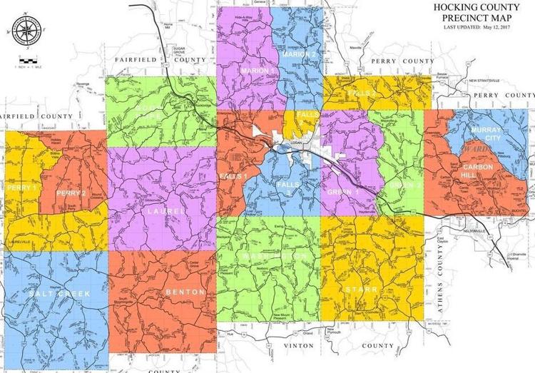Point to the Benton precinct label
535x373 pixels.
pos(185,292)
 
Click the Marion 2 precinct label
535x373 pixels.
pos(298,54)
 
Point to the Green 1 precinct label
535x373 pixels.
pos(344,190)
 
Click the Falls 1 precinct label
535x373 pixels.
pos(233,175)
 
